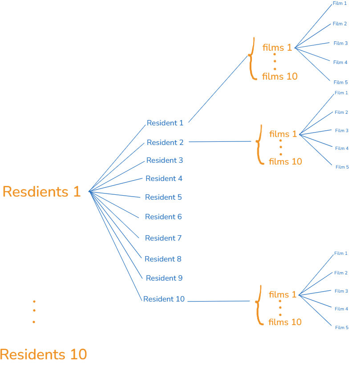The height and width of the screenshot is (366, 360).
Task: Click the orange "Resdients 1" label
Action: point(41,192)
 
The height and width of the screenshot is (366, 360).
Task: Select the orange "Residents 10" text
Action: point(43,354)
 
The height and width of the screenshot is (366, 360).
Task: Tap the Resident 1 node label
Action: point(165,123)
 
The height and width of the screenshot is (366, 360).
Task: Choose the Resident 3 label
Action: point(164,161)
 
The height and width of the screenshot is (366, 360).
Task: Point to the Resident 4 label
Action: point(164,179)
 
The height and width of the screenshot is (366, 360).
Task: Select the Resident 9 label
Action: point(164,278)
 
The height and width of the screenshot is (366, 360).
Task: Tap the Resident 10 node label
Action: point(164,299)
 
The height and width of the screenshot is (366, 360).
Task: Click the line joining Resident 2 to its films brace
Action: point(220,142)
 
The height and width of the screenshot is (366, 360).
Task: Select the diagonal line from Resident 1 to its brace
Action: point(218,88)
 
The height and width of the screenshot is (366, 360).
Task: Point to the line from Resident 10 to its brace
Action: point(218,302)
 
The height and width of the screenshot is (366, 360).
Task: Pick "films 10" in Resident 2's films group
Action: point(285,161)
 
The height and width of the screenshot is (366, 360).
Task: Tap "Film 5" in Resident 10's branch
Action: point(342,328)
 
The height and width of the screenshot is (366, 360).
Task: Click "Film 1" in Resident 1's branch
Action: point(340,4)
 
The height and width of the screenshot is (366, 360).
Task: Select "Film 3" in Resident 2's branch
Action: point(342,131)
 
